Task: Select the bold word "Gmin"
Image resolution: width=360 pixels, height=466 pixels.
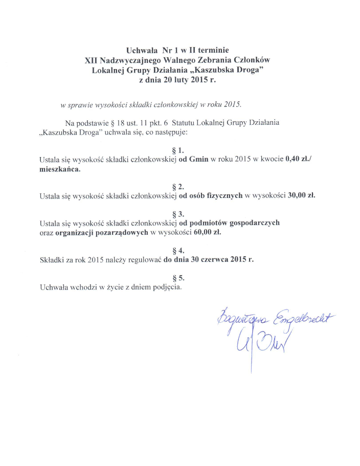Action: (199, 160)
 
